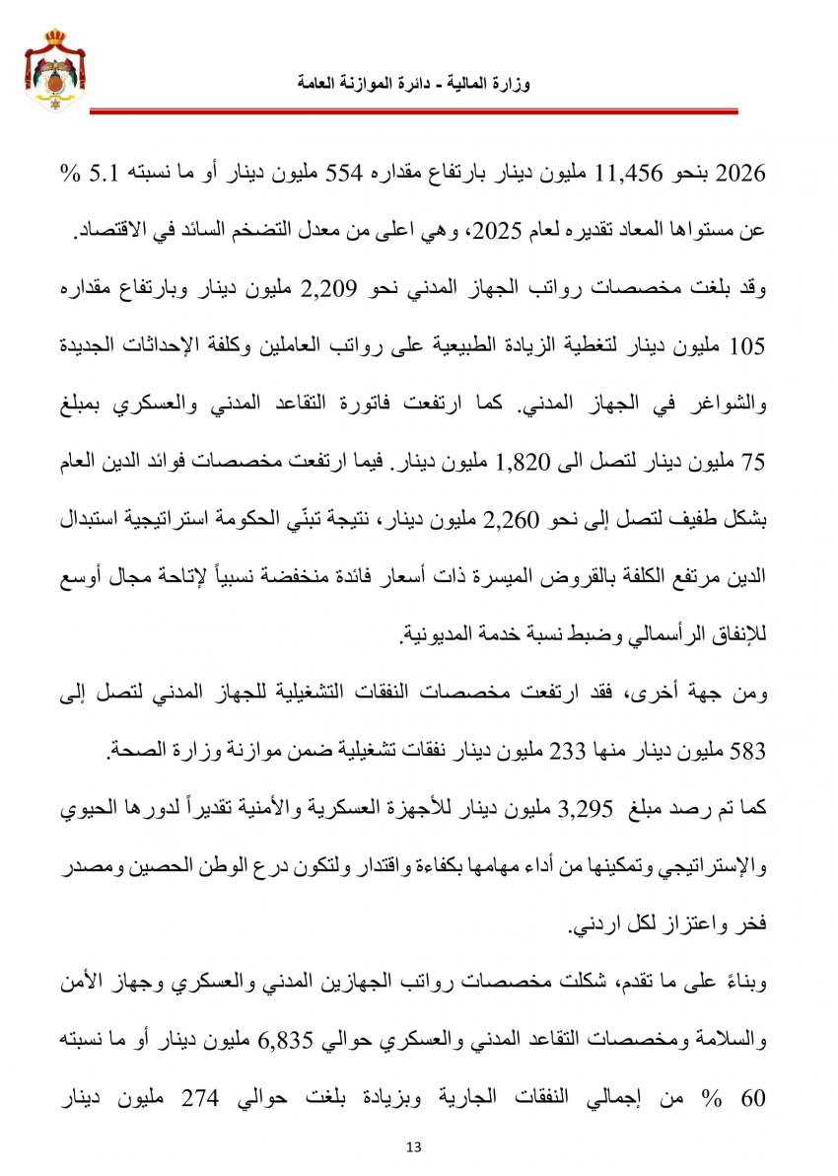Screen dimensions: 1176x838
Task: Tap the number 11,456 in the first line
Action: click(x=628, y=175)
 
